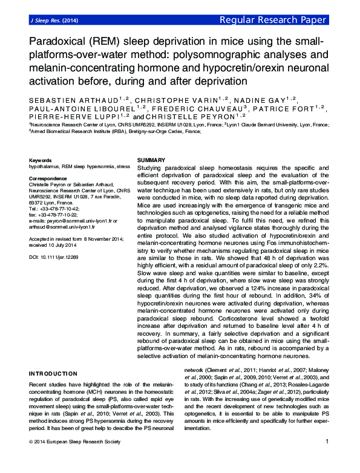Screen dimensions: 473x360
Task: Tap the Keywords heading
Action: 40,160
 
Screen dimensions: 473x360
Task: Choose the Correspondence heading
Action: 48,178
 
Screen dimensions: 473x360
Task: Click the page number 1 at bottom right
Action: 327,459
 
